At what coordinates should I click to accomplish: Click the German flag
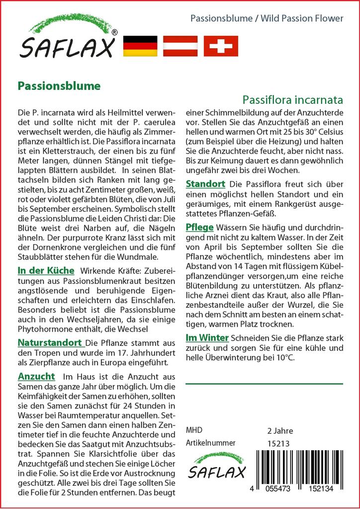click(140, 46)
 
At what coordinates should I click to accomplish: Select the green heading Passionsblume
click(59, 85)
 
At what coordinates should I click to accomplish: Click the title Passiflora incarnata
click(293, 99)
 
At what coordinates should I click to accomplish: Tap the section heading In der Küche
click(46, 271)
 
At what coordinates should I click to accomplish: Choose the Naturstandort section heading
click(50, 342)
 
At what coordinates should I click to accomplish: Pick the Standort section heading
click(205, 184)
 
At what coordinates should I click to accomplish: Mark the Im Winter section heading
click(207, 338)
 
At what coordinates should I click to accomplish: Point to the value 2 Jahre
click(280, 430)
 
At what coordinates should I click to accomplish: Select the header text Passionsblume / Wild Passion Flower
click(267, 18)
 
